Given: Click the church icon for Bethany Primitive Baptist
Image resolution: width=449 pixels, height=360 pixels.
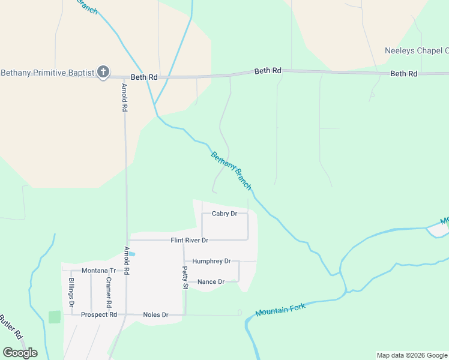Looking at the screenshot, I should pyautogui.click(x=103, y=73).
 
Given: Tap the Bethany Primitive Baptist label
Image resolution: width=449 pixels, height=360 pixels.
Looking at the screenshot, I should pyautogui.click(x=48, y=73).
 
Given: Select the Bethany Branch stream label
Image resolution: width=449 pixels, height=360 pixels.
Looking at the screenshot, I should pyautogui.click(x=231, y=170).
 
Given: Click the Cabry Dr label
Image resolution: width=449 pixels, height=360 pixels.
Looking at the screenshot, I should pyautogui.click(x=225, y=214).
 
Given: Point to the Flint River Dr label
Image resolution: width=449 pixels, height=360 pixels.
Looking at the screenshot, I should pyautogui.click(x=189, y=241).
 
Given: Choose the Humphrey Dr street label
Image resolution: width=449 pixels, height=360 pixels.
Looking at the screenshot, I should pyautogui.click(x=211, y=262).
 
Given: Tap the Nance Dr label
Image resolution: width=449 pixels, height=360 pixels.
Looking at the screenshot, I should pyautogui.click(x=211, y=282).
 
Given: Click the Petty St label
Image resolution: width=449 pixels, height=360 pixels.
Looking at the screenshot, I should pyautogui.click(x=185, y=278).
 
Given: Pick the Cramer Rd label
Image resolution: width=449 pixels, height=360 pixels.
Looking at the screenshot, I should pyautogui.click(x=109, y=289).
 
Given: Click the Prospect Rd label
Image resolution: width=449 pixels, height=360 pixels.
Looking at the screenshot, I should pyautogui.click(x=99, y=315).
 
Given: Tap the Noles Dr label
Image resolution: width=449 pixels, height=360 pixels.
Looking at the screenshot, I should pyautogui.click(x=155, y=315).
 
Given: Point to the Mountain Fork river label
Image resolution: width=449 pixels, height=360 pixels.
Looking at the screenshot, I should pyautogui.click(x=280, y=310).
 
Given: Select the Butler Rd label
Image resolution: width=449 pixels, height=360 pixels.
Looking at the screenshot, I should pyautogui.click(x=11, y=326).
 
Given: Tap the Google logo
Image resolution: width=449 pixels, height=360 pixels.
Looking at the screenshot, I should pyautogui.click(x=20, y=353).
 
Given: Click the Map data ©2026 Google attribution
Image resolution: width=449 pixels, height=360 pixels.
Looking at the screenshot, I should pyautogui.click(x=412, y=355).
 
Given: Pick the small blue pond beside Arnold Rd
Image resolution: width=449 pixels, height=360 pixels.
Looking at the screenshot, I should pyautogui.click(x=132, y=254).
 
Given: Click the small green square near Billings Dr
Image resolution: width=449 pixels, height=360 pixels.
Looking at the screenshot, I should pyautogui.click(x=55, y=317).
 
